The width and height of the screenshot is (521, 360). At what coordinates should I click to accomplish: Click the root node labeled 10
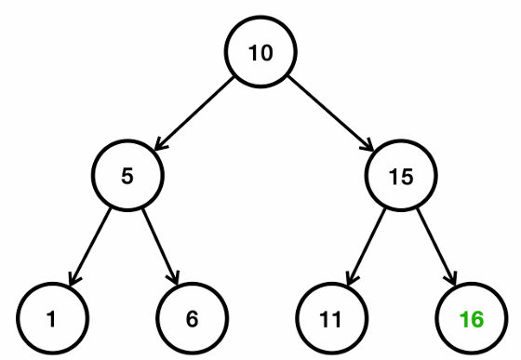261,52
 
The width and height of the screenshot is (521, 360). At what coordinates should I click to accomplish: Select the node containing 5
127,175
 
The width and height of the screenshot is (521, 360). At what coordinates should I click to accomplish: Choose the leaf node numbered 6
192,319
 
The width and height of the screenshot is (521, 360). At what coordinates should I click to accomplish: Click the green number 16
472,320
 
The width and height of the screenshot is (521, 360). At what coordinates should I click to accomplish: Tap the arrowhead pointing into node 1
73,280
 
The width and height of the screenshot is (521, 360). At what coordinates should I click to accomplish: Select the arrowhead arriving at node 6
174,279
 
